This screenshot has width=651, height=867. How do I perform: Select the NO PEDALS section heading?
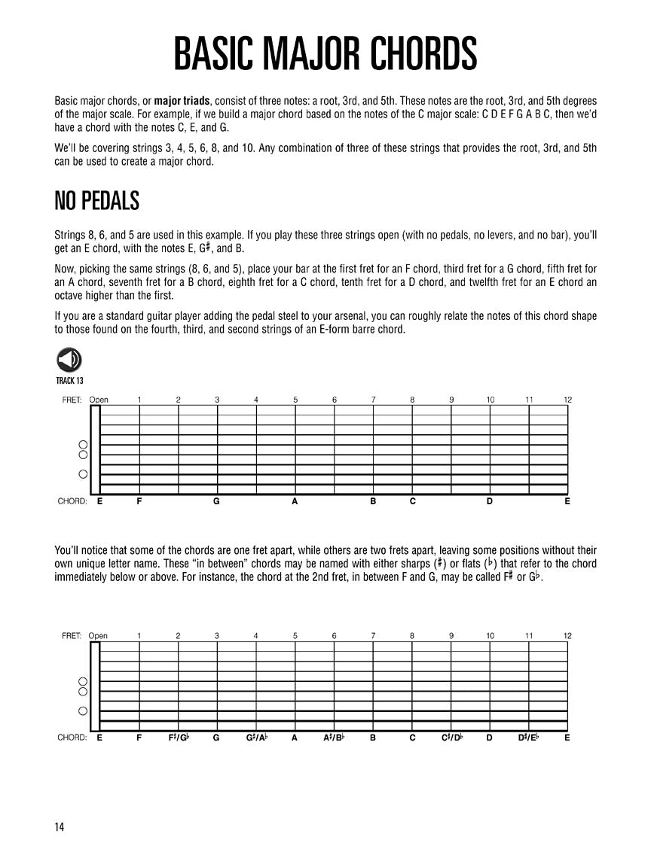pos(97,201)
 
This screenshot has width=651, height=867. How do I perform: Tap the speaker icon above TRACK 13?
pos(69,360)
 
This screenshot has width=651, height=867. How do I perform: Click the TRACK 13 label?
pos(69,380)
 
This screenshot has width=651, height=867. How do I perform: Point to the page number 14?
pos(60,827)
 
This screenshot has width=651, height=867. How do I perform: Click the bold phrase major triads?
pos(184,101)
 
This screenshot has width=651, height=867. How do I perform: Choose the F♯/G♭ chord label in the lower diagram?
pos(179,738)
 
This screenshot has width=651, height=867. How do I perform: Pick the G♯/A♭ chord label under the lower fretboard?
pos(256,738)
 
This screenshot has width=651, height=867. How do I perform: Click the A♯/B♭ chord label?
pos(334,738)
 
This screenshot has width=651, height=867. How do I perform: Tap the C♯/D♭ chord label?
pos(451,738)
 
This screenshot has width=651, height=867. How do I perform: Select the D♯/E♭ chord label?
pos(529,738)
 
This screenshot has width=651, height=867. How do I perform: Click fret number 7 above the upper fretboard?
pos(373,400)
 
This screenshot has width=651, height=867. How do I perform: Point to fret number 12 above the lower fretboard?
pos(567,636)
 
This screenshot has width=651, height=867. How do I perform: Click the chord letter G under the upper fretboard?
pos(216,501)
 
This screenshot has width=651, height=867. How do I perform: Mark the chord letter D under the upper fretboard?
pos(489,501)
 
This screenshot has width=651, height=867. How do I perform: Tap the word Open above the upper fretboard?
pos(99,400)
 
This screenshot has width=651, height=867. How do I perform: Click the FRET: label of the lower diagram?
pos(72,636)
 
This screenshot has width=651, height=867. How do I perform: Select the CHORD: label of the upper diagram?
pos(72,501)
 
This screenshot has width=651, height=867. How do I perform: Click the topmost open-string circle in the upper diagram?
pos(84,445)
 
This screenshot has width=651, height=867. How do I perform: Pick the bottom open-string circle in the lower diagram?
pos(84,710)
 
